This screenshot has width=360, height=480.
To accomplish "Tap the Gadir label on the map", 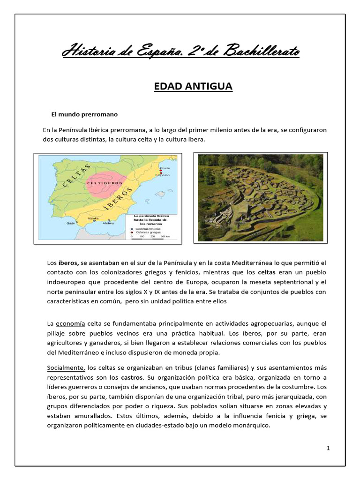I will pos(71,223).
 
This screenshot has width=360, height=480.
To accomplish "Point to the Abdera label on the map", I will pos(108,223).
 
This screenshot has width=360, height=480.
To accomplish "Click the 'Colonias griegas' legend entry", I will pos(148,232).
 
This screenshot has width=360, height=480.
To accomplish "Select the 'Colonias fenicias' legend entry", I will pos(148,228).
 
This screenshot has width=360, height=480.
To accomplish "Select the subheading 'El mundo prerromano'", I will pos(84,114).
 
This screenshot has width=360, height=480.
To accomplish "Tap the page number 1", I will pos(329,448).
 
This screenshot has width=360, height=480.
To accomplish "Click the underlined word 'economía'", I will pos(71,324).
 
